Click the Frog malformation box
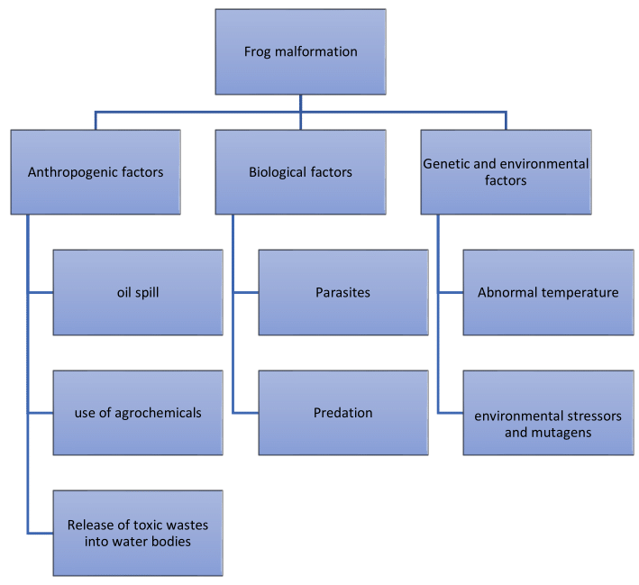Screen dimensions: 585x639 tap(300, 51)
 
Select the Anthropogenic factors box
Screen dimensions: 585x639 tap(96, 171)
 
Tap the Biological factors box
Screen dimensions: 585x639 tap(300, 171)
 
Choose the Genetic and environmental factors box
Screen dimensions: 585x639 tap(506, 171)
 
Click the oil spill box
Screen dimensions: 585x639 tap(138, 292)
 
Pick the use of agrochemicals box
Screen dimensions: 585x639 tap(138, 413)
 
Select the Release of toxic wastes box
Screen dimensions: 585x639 tap(138, 533)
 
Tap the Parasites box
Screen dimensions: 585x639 tap(342, 292)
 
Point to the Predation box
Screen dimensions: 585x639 tap(342, 413)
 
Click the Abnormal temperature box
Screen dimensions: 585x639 tap(548, 292)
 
